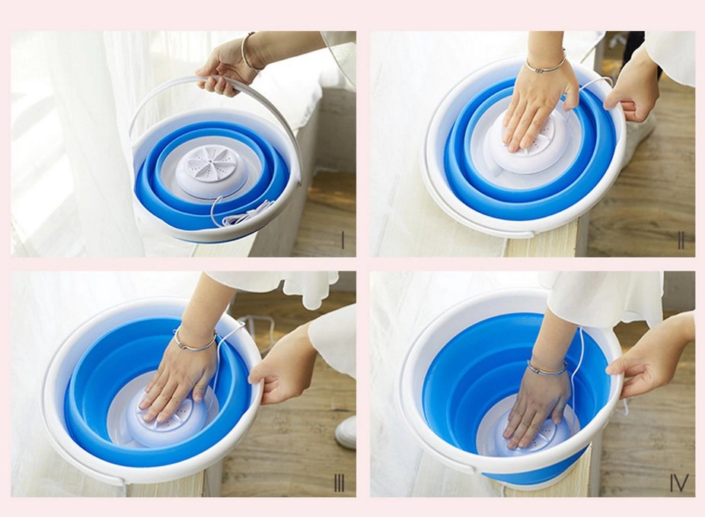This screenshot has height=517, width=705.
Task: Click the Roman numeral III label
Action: [x=339, y=484]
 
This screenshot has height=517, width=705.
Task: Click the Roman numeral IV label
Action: [x=679, y=484]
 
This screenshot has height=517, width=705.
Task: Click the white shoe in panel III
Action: [x=346, y=433]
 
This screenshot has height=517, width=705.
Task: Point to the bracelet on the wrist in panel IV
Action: [x=547, y=368]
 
